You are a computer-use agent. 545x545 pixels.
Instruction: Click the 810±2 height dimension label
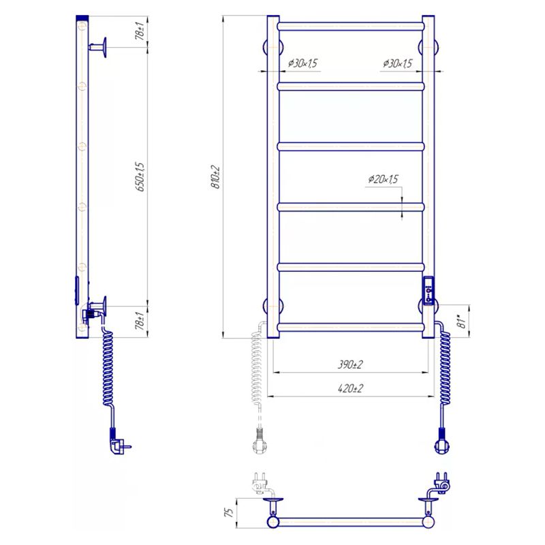(x=216, y=177)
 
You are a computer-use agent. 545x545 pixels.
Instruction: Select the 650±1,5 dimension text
(x=140, y=176)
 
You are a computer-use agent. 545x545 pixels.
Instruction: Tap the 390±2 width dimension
(x=350, y=364)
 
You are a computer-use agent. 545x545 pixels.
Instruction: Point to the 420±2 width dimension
(x=350, y=388)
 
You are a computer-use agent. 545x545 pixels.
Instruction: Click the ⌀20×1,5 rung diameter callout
(x=383, y=179)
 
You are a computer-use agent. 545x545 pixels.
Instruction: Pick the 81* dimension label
(x=463, y=322)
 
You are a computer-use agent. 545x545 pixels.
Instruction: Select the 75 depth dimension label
(x=229, y=512)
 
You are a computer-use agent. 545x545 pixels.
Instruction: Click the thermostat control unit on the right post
(x=429, y=290)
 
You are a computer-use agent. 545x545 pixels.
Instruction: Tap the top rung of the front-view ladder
(x=351, y=27)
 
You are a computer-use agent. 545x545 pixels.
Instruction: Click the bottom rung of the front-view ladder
(x=351, y=327)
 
